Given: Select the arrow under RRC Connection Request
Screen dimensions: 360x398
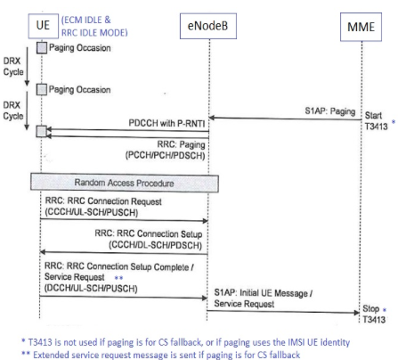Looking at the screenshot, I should pyautogui.click(x=125, y=220).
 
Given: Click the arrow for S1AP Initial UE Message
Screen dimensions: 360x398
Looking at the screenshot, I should pyautogui.click(x=285, y=309).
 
